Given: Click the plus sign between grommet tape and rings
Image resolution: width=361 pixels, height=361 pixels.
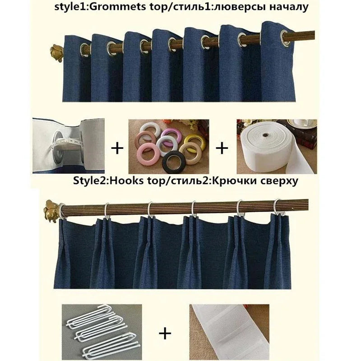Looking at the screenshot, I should point(117,148).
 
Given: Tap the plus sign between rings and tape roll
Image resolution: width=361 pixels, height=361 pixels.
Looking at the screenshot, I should point(222,148).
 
